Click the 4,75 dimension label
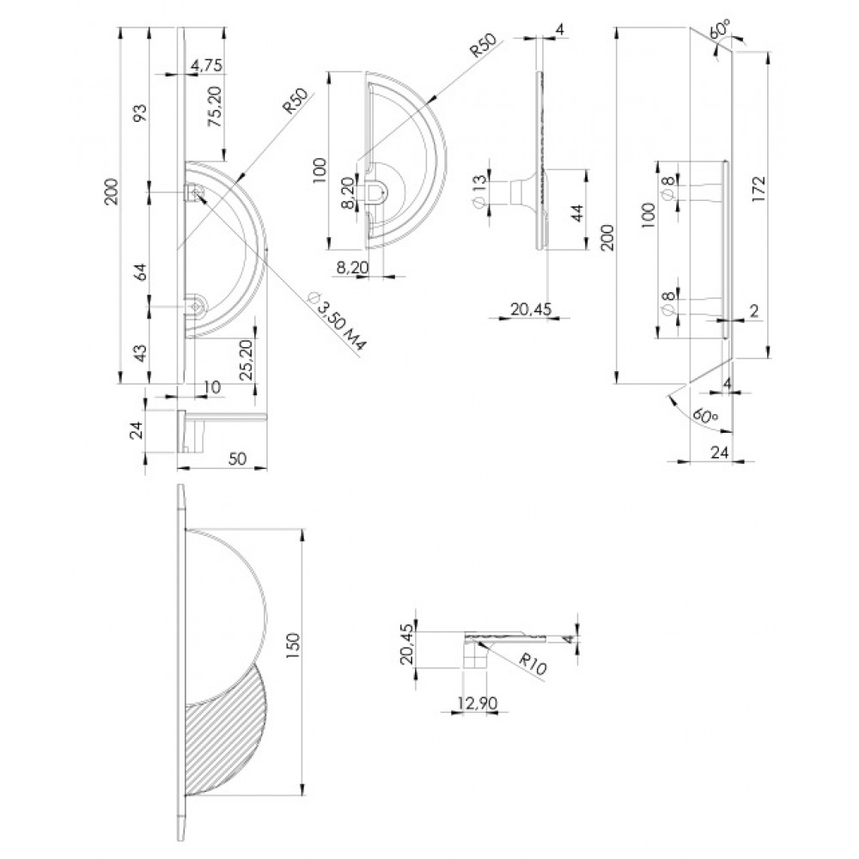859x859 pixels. coord(206,66)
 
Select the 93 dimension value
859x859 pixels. coord(140,113)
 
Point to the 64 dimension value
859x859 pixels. coord(140,271)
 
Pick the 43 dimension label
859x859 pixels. coord(140,353)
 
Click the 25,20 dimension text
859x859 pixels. coord(247,359)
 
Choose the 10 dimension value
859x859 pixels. coord(211,387)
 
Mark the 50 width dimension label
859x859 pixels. coord(237,458)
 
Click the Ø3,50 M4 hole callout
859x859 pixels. coord(338,321)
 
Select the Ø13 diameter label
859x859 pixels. coord(478,192)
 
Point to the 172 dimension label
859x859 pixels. coord(758,189)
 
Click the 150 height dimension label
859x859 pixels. coord(293,646)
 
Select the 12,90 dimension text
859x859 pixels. coord(478,703)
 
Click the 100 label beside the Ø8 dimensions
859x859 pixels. coord(649,215)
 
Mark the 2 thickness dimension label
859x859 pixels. coord(754,311)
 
